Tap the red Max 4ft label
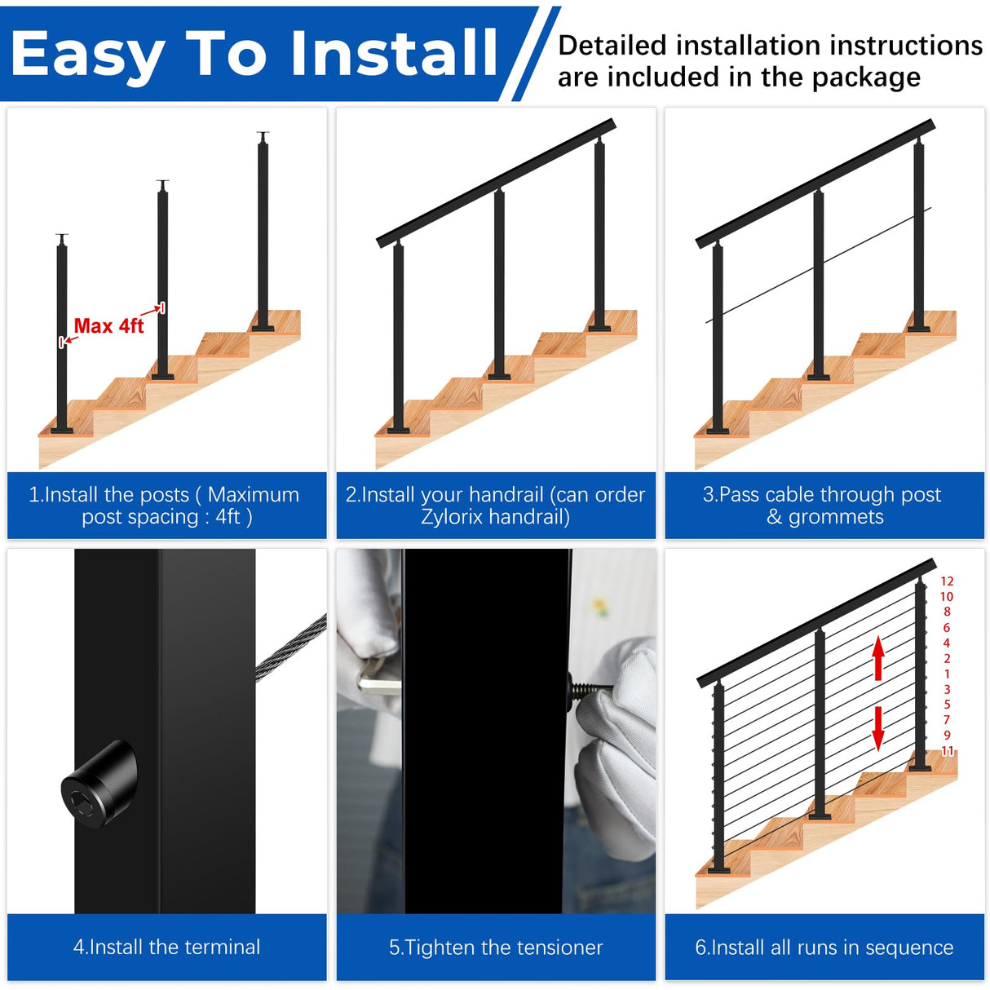pos(108,326)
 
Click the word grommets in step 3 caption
pos(836,517)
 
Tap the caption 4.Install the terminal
pos(166,947)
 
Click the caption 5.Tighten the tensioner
pos(496,948)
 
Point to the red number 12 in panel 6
pos(947,581)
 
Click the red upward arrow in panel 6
pos(878,658)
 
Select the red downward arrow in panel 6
pos(878,728)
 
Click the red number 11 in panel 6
pos(947,751)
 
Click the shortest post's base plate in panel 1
pos(62,430)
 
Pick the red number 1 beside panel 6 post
pos(947,674)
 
